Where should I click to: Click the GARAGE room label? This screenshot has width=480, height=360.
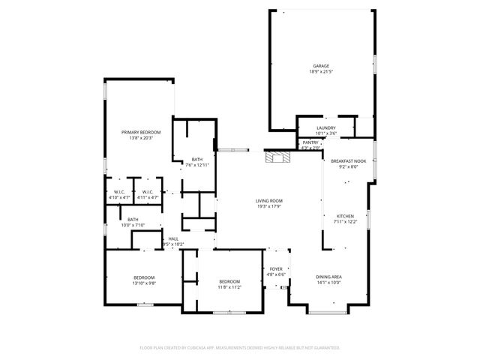(x=321, y=66)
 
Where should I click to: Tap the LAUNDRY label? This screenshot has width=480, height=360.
(x=325, y=127)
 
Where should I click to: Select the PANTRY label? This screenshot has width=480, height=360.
(x=310, y=142)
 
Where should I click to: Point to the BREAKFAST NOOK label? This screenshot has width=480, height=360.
(x=349, y=161)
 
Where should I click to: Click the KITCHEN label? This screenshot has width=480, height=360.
(x=345, y=216)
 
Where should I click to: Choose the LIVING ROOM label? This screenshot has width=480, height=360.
(x=268, y=200)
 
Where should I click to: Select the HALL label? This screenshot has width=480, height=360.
(x=173, y=238)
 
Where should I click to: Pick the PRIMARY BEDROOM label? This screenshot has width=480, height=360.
(x=141, y=132)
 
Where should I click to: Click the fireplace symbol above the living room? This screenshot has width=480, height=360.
(x=276, y=157)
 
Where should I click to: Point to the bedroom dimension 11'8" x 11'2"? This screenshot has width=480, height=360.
(x=229, y=287)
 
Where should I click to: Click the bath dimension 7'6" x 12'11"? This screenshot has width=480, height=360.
(x=196, y=164)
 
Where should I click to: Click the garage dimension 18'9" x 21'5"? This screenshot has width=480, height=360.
(x=321, y=72)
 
